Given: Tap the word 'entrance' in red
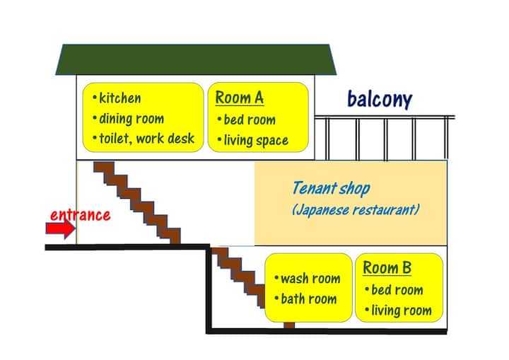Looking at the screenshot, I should click(x=80, y=214).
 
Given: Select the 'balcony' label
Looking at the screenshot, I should click(x=379, y=100).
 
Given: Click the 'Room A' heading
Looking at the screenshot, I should click(x=239, y=98).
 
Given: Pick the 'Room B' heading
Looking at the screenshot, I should click(x=387, y=268).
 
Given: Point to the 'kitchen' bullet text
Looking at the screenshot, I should click(x=119, y=98).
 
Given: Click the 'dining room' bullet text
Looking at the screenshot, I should click(x=131, y=119).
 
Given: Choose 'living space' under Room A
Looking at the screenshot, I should click(x=255, y=140).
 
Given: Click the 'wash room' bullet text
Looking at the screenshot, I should click(x=310, y=279).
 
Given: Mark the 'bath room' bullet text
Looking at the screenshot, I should click(x=308, y=298).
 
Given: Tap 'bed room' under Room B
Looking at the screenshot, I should click(x=397, y=290).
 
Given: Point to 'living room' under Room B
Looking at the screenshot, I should click(x=401, y=310).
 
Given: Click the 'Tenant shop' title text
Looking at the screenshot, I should click(x=330, y=189).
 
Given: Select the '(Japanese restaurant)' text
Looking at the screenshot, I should click(x=356, y=210).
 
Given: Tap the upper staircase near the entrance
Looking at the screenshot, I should click(x=139, y=202).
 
